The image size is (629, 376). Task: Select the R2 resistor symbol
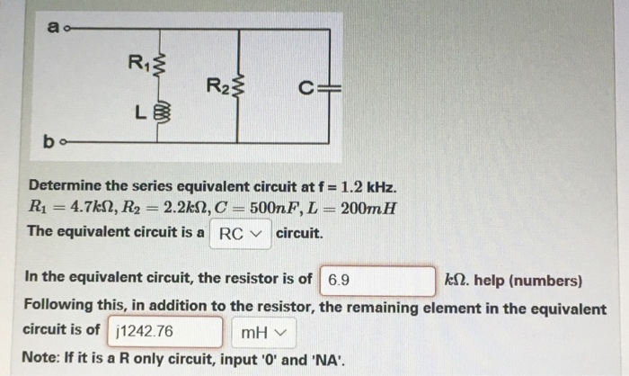238,87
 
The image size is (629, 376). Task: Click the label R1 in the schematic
139,62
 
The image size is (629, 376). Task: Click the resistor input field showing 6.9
377,281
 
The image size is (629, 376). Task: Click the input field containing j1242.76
166,333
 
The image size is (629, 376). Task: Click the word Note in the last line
40,356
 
